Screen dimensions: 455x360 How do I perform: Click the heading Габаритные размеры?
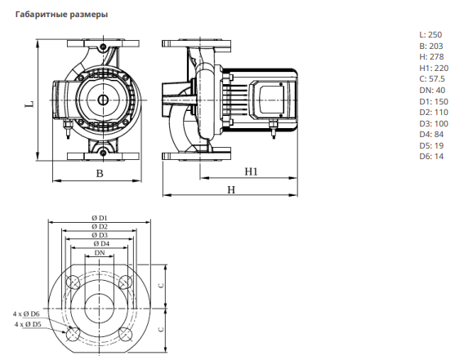[61, 15]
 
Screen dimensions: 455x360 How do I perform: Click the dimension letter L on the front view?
[29, 104]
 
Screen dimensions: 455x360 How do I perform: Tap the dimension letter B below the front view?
[100, 173]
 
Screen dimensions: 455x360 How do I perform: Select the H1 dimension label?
[252, 171]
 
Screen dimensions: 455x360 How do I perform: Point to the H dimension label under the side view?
[231, 189]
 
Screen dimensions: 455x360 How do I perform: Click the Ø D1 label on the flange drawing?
[100, 218]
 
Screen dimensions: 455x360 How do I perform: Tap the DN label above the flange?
[100, 253]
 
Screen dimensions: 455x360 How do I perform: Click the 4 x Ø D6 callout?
[26, 313]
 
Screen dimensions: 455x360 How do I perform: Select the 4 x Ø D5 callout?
[28, 324]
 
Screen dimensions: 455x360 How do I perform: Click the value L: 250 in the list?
[430, 35]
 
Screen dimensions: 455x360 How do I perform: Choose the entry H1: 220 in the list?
[434, 69]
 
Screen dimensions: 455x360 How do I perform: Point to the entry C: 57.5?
[432, 79]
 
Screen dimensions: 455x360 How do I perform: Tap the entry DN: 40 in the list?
[432, 91]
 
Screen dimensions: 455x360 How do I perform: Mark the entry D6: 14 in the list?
[431, 157]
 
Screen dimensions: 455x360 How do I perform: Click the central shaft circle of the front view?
[103, 100]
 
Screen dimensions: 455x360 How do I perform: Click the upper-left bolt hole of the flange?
[73, 282]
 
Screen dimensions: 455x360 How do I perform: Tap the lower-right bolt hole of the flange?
[125, 334]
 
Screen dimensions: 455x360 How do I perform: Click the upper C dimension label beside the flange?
[162, 285]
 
